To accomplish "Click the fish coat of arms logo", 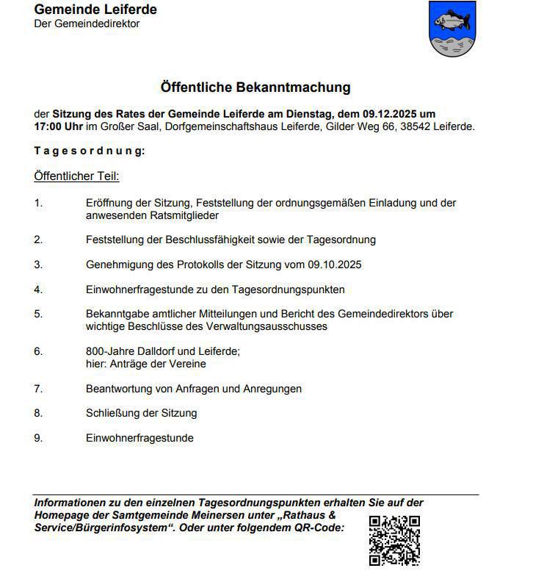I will (452, 29).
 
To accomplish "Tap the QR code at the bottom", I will (394, 541).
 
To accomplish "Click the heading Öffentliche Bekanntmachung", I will (255, 87).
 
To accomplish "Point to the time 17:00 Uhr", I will (59, 126).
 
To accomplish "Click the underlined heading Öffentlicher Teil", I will (76, 176).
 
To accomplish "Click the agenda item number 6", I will (38, 351).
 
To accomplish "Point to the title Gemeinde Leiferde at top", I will (95, 10).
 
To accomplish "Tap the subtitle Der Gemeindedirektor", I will (87, 24).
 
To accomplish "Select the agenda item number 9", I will (38, 438).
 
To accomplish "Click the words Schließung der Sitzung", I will (141, 413).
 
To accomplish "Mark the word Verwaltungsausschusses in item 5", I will (274, 326).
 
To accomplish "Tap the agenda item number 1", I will (38, 202).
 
